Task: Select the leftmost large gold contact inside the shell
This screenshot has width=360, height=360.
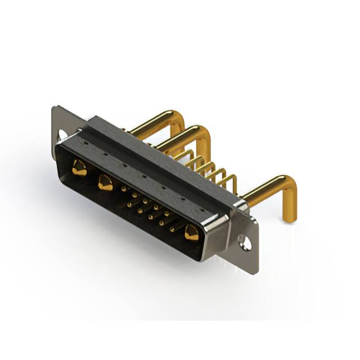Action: [x=79, y=168]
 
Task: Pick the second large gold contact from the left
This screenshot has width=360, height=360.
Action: [x=105, y=183]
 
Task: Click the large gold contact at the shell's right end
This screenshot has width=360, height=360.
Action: [x=192, y=232]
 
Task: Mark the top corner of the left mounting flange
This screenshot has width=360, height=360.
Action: [x=54, y=108]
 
